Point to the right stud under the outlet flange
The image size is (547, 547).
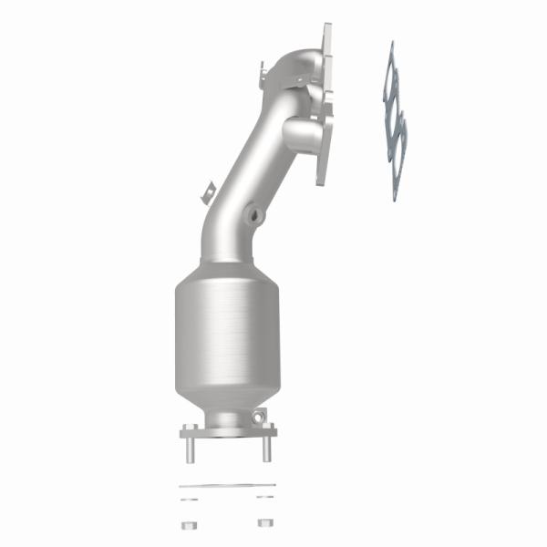(x=266, y=449)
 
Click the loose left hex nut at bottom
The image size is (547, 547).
(x=190, y=523)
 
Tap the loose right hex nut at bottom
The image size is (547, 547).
(x=265, y=523)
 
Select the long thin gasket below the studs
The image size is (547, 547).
(x=227, y=485)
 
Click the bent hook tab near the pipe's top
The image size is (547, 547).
(x=263, y=71)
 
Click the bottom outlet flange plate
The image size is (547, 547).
(x=227, y=429)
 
